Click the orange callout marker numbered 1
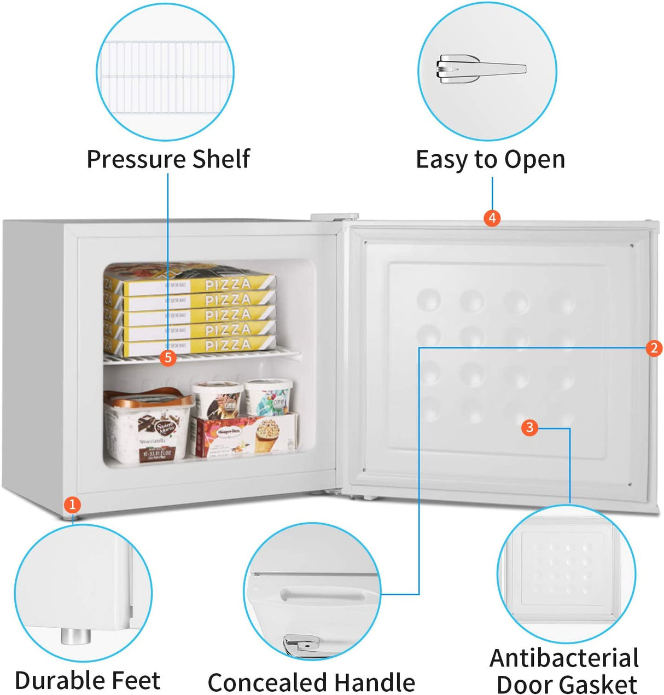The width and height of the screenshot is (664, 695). click(72, 505)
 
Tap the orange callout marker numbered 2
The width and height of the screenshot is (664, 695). click(654, 348)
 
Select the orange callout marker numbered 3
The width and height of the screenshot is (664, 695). click(529, 427)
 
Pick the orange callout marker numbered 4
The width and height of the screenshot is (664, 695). click(492, 218)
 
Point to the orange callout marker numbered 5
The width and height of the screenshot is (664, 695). click(168, 358)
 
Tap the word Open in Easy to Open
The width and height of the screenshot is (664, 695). click(534, 160)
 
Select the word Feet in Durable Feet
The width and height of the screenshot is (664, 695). click(133, 680)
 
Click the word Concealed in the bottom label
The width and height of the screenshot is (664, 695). click(267, 682)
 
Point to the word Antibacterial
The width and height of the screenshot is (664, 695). click(564, 658)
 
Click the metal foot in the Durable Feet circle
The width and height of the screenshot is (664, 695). click(75, 636)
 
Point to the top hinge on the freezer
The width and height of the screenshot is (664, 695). click(334, 217)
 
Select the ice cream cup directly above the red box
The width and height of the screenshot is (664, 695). click(217, 398)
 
